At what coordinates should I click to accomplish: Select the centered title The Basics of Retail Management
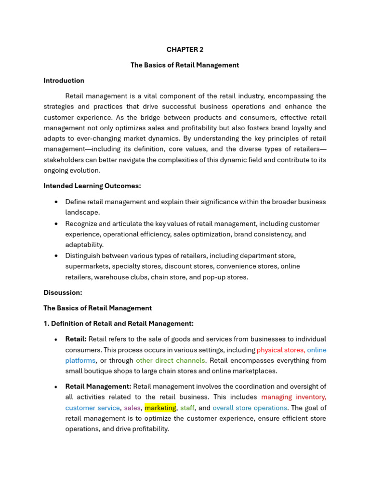coord(185,65)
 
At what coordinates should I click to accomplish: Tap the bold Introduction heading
coord(64,81)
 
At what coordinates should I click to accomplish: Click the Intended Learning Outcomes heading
coord(92,186)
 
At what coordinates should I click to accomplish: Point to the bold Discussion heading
coord(63,292)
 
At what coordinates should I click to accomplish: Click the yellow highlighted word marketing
coord(160,408)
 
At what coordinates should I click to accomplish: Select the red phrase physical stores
coord(280,350)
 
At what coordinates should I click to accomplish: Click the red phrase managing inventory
coord(293,398)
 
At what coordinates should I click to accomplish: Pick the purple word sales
coord(132,408)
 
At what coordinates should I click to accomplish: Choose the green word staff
coord(187,408)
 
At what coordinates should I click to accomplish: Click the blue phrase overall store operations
coord(250,408)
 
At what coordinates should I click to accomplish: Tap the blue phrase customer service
coord(92,408)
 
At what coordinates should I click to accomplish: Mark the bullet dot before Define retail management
coord(57,202)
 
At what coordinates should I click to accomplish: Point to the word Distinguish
coord(82,256)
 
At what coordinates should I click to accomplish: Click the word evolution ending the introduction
coord(87,170)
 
